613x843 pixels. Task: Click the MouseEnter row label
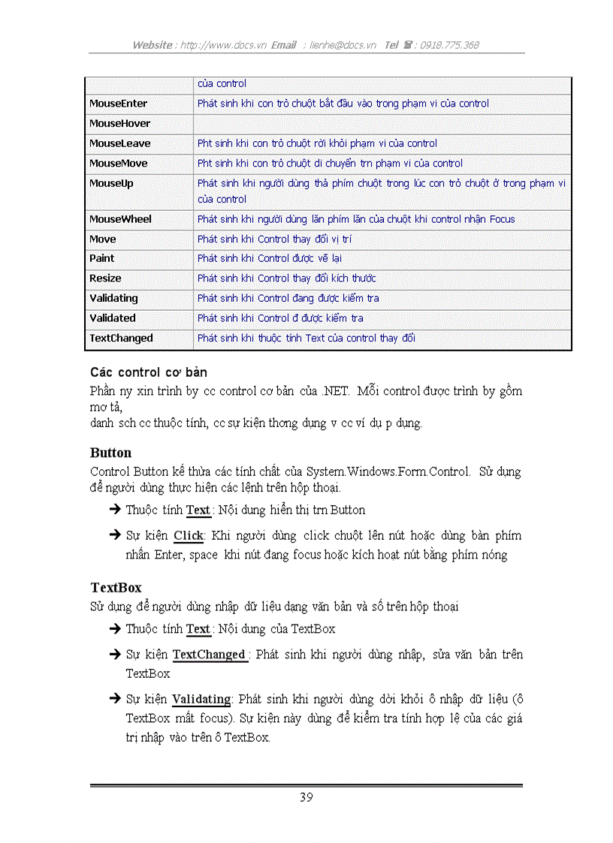(118, 104)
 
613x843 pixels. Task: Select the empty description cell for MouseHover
(382, 124)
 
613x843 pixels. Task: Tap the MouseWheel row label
(120, 219)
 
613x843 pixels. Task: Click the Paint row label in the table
(102, 258)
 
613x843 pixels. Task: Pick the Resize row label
(105, 278)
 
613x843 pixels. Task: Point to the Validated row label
(113, 318)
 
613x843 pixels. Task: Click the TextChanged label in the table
(121, 339)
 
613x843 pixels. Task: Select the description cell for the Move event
(382, 239)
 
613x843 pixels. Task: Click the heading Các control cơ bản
(149, 372)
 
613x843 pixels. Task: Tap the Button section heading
(110, 453)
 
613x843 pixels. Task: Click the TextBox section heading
(116, 587)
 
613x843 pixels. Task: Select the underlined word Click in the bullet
(189, 536)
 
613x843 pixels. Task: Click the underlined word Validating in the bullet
(201, 700)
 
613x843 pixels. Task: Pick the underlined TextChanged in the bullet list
(209, 655)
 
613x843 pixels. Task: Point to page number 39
(306, 798)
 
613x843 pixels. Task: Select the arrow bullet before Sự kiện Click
(115, 535)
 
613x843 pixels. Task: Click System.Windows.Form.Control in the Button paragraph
(388, 472)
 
